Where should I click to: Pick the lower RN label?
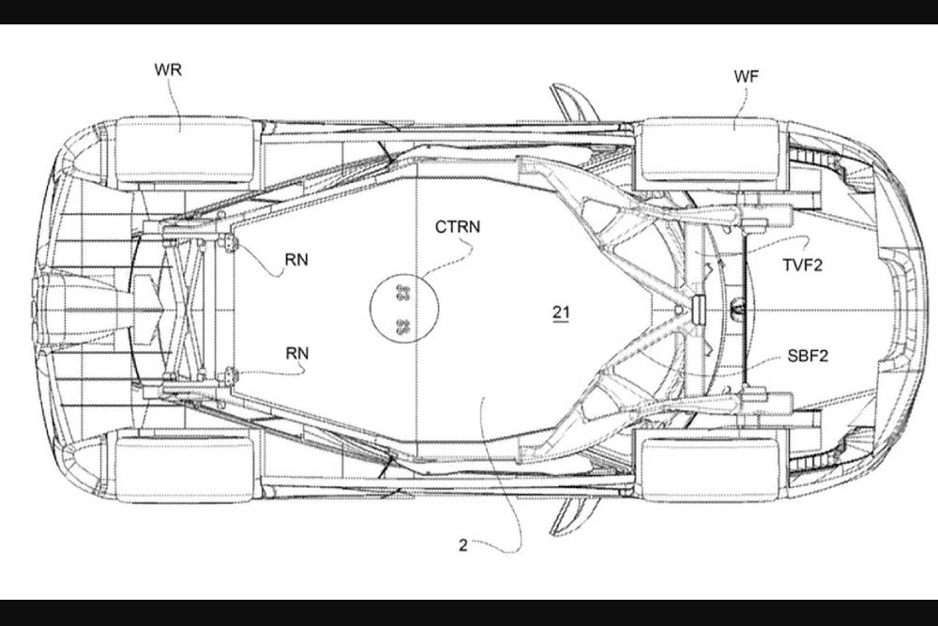point(297,353)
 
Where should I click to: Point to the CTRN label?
point(457,226)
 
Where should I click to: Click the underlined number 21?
point(560,312)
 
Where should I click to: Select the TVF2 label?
point(803,266)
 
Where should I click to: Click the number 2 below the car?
point(462,544)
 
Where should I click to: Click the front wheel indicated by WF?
point(709,150)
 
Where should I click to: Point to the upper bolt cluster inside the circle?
point(404,292)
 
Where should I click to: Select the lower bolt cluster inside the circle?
point(404,326)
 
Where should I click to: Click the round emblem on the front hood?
point(736,308)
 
